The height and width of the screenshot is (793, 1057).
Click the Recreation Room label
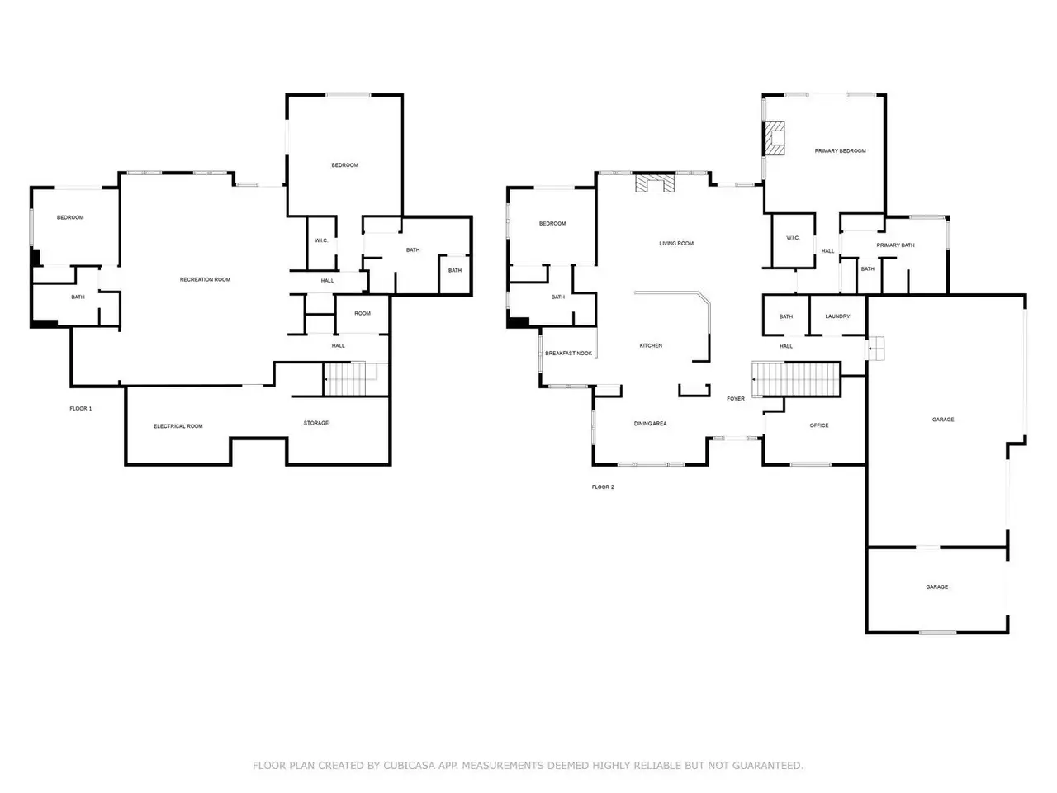[205, 279]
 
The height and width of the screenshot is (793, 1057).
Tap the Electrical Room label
[178, 426]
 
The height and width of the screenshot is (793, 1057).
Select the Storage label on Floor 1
[316, 423]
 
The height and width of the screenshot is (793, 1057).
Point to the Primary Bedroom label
[840, 150]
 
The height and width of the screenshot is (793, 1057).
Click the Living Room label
[676, 243]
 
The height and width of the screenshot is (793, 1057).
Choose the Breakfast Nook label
[568, 353]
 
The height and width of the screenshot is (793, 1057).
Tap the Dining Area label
[650, 423]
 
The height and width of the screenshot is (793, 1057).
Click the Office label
[818, 425]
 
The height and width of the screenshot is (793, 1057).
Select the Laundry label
[837, 316]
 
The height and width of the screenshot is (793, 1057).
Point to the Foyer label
[735, 398]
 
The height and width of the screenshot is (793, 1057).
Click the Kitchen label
[651, 345]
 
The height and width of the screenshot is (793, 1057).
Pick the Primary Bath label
[895, 245]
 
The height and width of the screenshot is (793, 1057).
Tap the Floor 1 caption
[80, 408]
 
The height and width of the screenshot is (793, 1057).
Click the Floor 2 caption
[603, 487]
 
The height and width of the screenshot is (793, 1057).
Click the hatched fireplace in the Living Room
[654, 183]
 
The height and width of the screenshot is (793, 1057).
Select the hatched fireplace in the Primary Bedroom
[775, 138]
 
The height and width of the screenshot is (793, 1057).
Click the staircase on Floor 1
[355, 379]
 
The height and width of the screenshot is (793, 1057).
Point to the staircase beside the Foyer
[796, 379]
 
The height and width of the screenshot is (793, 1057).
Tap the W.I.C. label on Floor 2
[793, 237]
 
